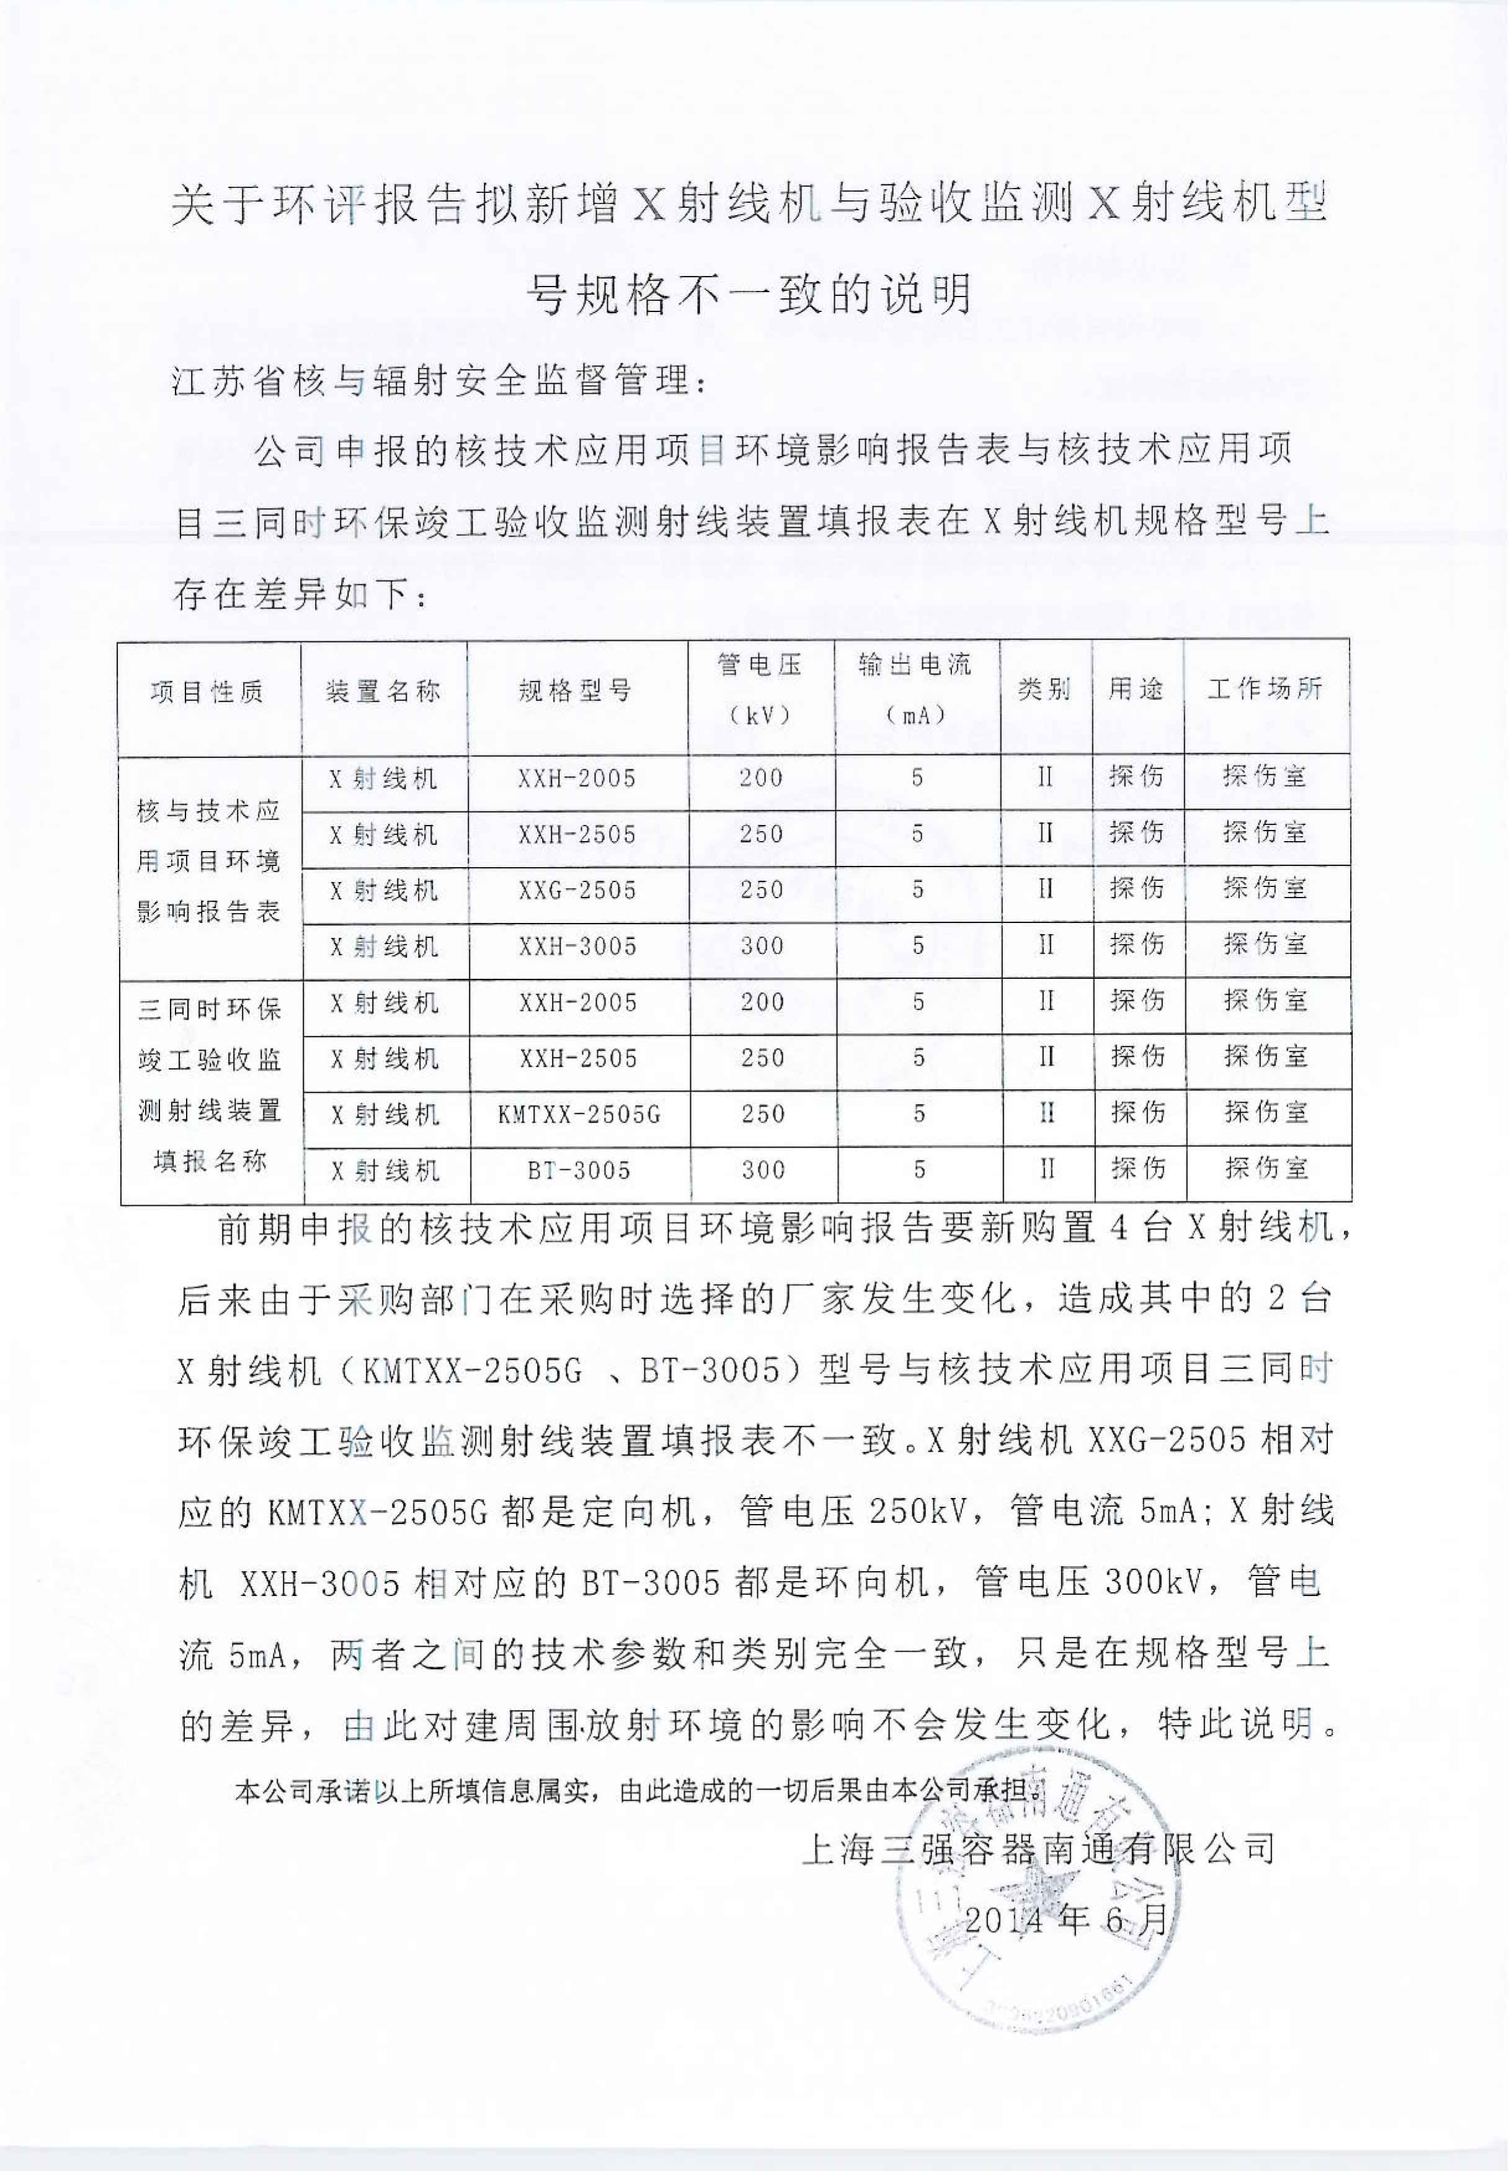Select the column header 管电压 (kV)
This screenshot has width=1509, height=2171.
[x=760, y=690]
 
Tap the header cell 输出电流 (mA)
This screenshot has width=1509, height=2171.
[x=916, y=690]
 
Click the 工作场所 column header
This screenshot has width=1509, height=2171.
[x=1265, y=689]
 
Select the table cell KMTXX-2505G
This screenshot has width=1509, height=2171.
[x=579, y=1115]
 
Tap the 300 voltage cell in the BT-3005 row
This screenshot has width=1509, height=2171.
[x=763, y=1170]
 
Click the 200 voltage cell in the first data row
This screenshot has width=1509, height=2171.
[x=761, y=778]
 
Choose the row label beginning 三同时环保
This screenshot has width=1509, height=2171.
[x=210, y=1085]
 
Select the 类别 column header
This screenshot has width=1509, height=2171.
[x=1045, y=689]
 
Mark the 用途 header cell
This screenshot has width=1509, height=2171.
[x=1136, y=689]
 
